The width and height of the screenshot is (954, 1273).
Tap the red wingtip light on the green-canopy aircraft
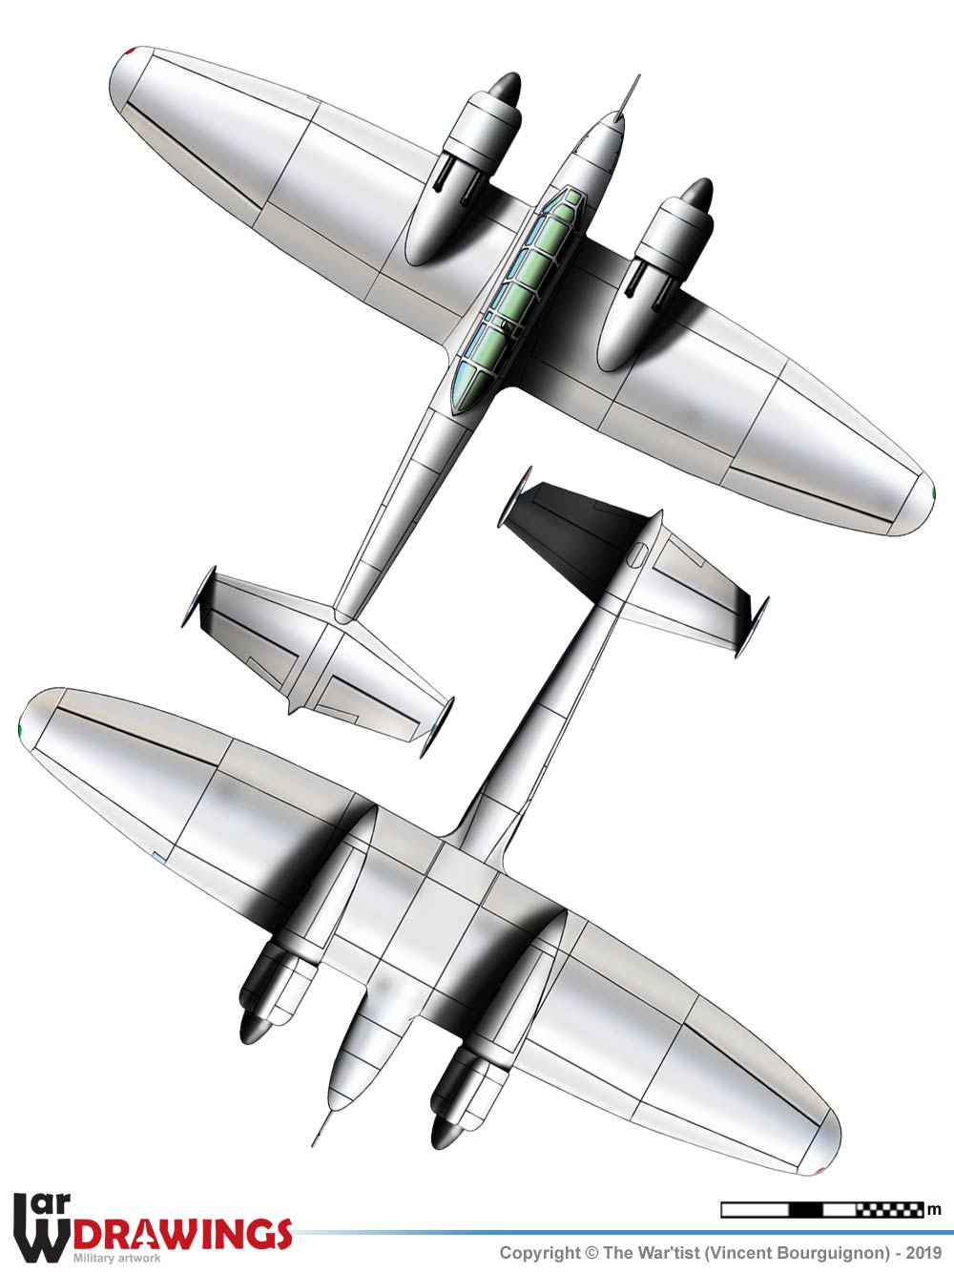pos(132,51)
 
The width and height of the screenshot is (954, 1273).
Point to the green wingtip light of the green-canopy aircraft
pos(933,493)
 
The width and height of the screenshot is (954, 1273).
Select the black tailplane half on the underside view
pos(573,533)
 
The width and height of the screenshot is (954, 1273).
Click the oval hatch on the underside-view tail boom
pos(636,555)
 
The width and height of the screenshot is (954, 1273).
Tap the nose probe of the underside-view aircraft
pos(322,1127)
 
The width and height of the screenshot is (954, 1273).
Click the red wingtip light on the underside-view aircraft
pos(819,1171)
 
